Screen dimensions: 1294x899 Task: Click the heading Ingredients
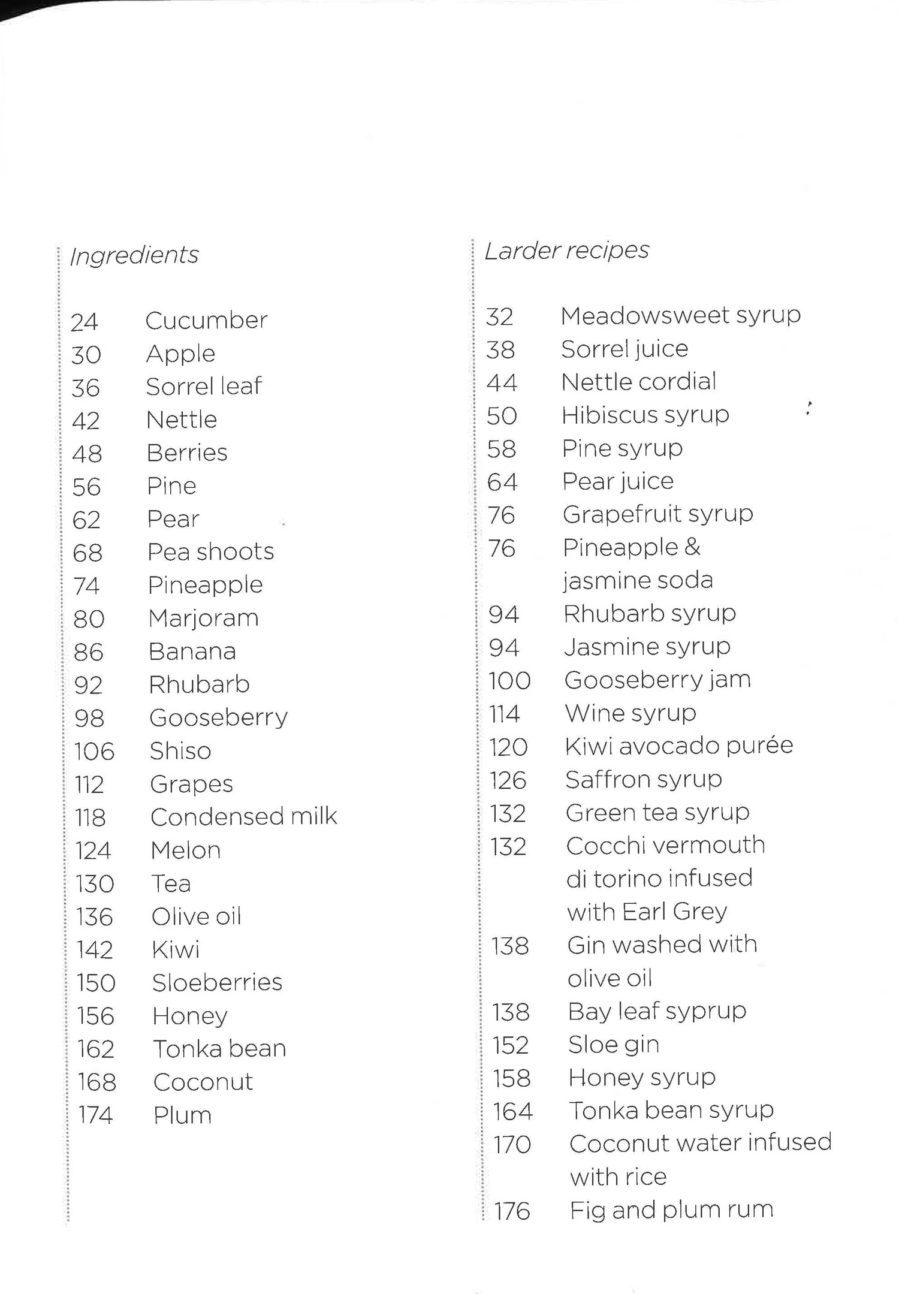(x=134, y=256)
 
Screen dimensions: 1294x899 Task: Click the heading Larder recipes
(x=566, y=251)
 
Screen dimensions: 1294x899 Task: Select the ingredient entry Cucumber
(x=206, y=321)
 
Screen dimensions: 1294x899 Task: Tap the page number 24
(x=84, y=322)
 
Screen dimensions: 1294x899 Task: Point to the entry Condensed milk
(x=243, y=817)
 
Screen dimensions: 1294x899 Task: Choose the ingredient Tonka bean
(x=219, y=1049)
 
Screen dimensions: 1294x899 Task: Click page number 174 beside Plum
(x=95, y=1115)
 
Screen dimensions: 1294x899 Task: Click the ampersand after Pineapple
(x=691, y=547)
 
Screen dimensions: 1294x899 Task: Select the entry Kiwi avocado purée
(x=678, y=746)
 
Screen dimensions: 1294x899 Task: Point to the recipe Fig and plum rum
(x=671, y=1210)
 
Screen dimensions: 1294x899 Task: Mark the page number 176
(x=512, y=1211)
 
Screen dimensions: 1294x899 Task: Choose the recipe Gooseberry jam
(x=657, y=680)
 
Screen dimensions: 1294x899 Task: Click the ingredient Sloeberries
(x=217, y=983)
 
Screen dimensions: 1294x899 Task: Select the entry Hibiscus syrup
(x=645, y=415)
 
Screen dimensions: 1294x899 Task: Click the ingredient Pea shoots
(x=210, y=552)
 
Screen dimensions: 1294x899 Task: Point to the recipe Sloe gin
(x=613, y=1045)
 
